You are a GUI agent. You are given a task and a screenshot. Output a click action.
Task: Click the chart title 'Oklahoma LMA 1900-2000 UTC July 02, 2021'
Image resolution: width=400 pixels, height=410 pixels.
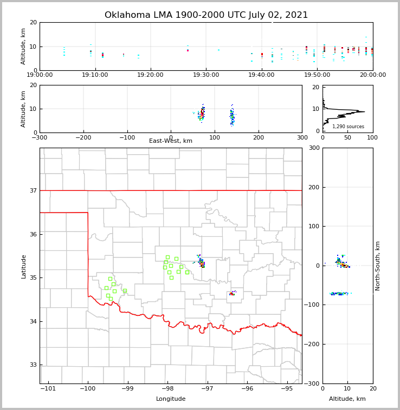coord(206,15)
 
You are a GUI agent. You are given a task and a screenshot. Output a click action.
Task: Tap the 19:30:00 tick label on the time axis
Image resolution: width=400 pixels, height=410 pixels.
coord(206,75)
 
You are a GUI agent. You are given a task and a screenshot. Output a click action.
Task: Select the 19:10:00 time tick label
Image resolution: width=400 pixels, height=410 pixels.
coord(95,75)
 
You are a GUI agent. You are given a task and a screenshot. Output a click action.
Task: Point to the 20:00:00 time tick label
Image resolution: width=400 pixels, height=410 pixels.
coord(372,75)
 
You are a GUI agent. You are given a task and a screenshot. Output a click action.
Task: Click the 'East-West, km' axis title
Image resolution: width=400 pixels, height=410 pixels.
coord(171,141)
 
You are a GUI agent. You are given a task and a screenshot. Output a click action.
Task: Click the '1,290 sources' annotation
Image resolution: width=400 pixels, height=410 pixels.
coord(348,127)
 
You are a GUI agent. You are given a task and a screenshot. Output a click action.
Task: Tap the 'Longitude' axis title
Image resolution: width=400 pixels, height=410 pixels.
coord(171,399)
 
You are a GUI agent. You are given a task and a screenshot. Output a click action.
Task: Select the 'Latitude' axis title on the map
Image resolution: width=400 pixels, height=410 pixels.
coord(23,266)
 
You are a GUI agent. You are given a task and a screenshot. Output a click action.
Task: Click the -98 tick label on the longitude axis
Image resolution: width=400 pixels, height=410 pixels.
coord(167,389)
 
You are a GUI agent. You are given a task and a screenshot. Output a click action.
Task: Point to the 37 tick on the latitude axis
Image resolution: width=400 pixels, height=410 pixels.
coord(33,190)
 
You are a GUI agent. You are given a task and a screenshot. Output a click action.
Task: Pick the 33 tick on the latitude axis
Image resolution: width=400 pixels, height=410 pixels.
coord(33,365)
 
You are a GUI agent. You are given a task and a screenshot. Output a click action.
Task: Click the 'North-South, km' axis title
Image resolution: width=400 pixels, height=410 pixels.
coord(378,266)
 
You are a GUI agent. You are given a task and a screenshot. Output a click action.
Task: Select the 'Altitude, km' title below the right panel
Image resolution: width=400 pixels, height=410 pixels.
coord(347,399)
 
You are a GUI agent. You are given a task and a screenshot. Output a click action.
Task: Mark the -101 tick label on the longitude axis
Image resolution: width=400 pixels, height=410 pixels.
coord(48,389)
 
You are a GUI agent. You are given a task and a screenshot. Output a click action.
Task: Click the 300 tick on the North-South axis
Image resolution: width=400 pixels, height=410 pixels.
coord(314,148)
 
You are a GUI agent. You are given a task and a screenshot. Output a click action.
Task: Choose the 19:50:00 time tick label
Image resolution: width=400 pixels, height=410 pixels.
coord(317,75)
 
